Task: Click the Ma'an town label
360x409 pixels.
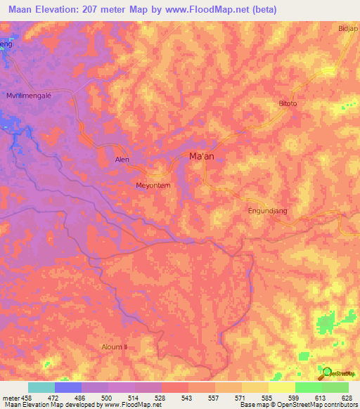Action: (202, 157)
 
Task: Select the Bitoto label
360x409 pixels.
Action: (288, 103)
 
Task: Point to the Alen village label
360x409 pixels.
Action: (122, 160)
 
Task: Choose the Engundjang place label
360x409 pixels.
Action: (269, 211)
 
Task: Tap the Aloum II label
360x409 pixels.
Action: (115, 347)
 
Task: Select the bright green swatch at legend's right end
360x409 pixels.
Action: (335, 387)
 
